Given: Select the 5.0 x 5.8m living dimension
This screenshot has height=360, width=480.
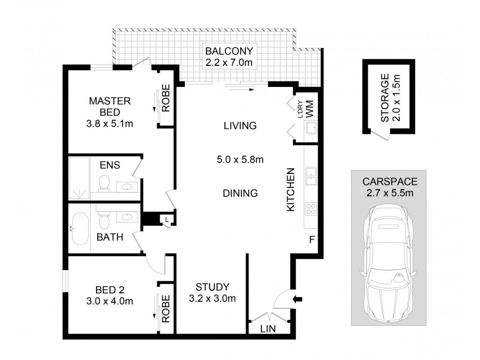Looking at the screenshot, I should point(240,160).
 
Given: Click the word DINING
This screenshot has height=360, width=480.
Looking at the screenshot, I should point(240,193).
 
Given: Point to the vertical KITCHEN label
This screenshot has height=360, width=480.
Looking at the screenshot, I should point(291,189).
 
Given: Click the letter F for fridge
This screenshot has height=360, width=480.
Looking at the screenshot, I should point(311,240).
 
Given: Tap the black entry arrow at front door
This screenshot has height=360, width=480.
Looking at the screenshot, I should point(298,298).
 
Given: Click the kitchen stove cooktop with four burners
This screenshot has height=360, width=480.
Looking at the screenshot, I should point(311,208).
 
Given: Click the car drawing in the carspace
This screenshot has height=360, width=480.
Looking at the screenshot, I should point(389,260).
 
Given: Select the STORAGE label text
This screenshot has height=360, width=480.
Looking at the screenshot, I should point(389,96).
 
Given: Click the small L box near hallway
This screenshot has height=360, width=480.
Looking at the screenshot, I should point(166,220).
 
